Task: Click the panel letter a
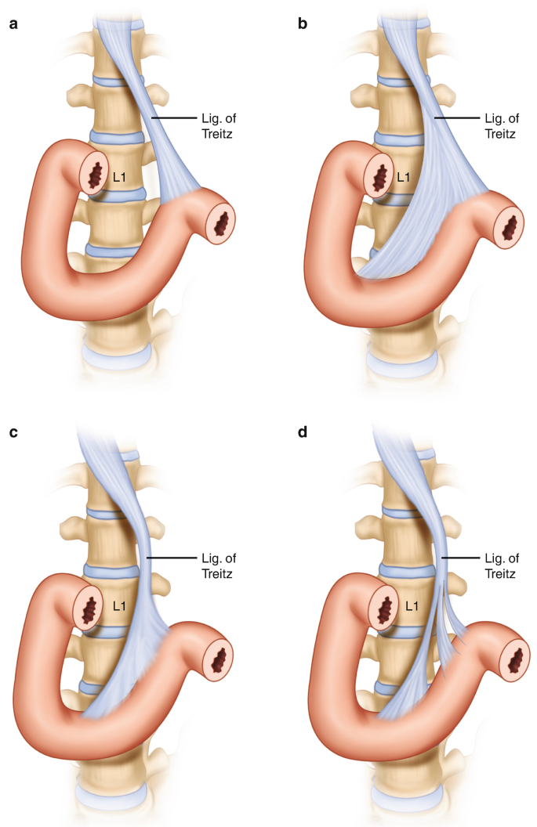tap(14, 23)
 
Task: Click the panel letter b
tap(303, 23)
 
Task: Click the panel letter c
tap(14, 432)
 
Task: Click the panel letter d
tap(303, 432)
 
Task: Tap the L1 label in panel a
tap(119, 177)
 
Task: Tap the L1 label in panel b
tap(403, 177)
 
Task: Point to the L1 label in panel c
tap(119, 606)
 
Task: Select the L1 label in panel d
tap(412, 606)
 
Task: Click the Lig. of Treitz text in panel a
tap(218, 125)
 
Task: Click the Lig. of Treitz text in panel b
tap(502, 125)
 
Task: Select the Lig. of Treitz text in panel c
tap(218, 565)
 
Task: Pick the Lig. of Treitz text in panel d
tap(502, 565)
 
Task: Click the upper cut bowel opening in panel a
tap(96, 177)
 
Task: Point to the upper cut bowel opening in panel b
tap(381, 178)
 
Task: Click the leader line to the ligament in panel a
tap(174, 118)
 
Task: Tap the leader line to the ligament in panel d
tap(460, 558)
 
